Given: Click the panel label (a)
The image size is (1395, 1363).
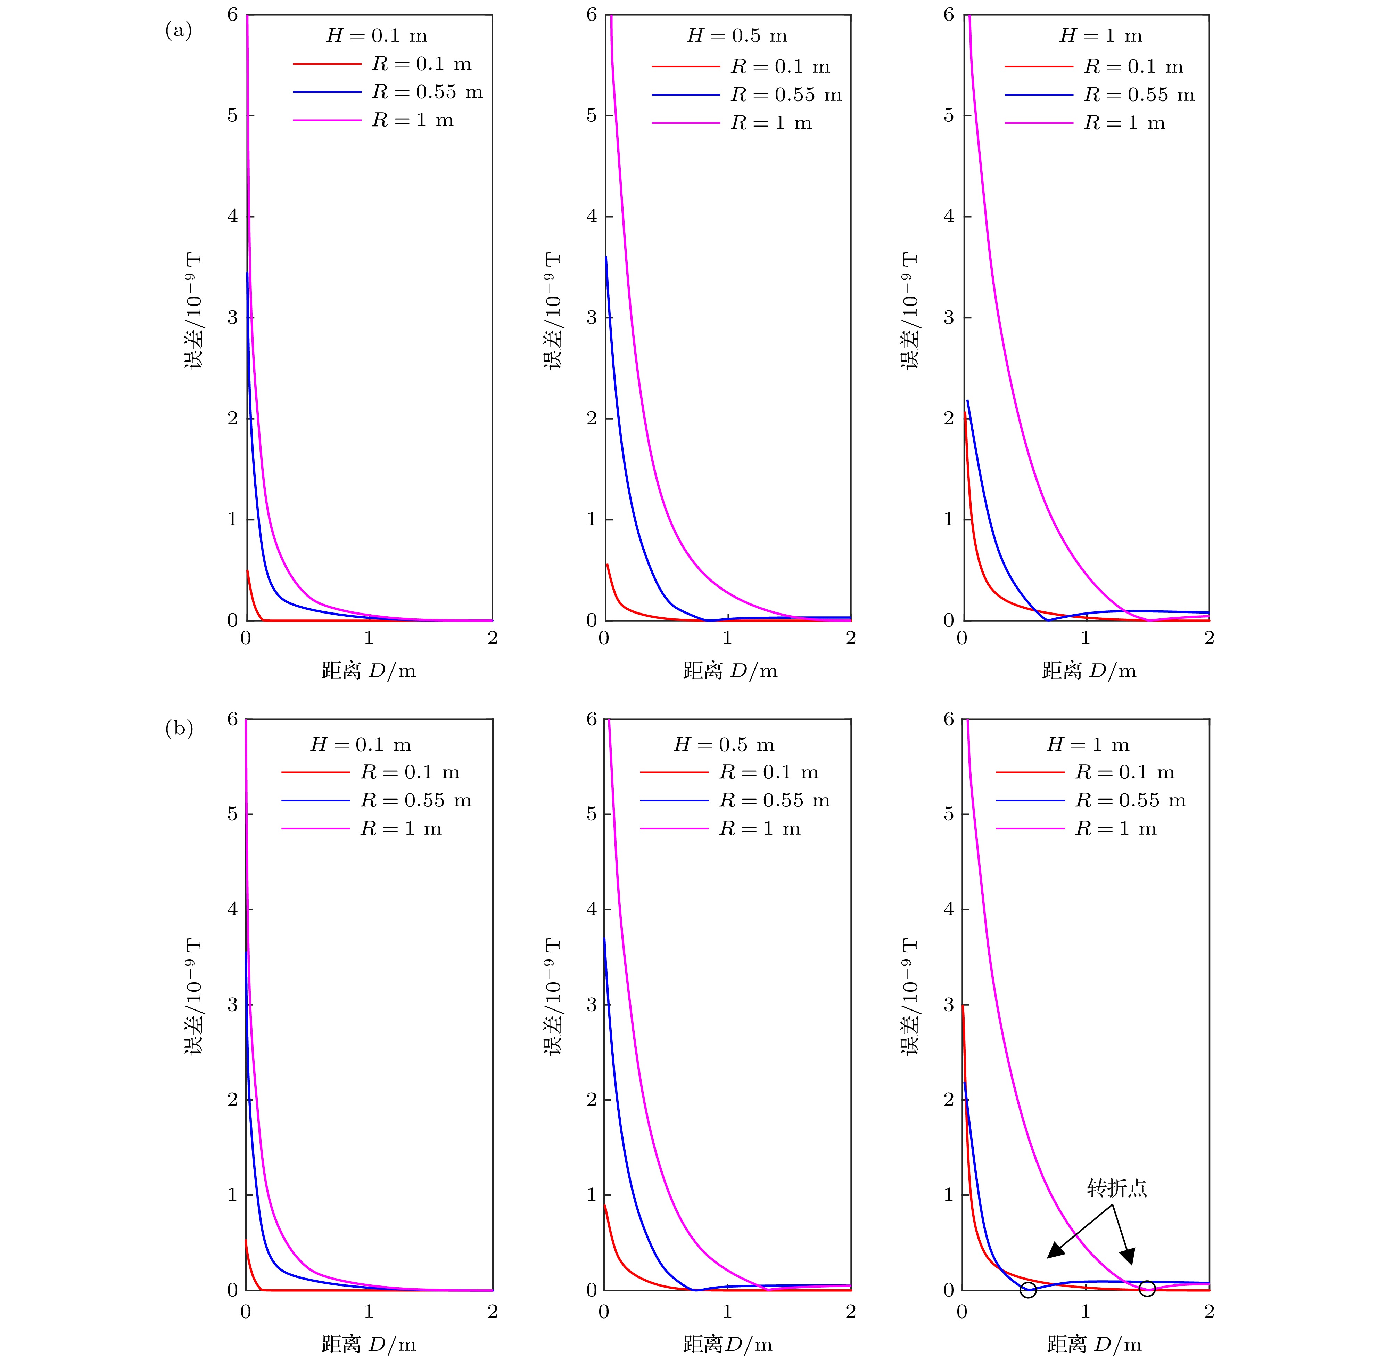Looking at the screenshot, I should coord(178,31).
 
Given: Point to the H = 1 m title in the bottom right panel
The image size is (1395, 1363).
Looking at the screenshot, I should coord(1088,745).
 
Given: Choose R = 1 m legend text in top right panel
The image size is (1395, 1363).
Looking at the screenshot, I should coord(1125,123).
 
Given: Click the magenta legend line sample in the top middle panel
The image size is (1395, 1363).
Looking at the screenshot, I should coord(685,123).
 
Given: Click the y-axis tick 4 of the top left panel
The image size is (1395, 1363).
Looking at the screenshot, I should coord(232,216).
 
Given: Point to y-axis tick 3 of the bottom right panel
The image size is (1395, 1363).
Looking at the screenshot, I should coord(949,1004).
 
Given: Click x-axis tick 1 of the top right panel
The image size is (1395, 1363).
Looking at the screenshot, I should coord(1085,638).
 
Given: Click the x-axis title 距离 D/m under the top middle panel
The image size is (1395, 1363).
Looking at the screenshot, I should coord(730,671).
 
